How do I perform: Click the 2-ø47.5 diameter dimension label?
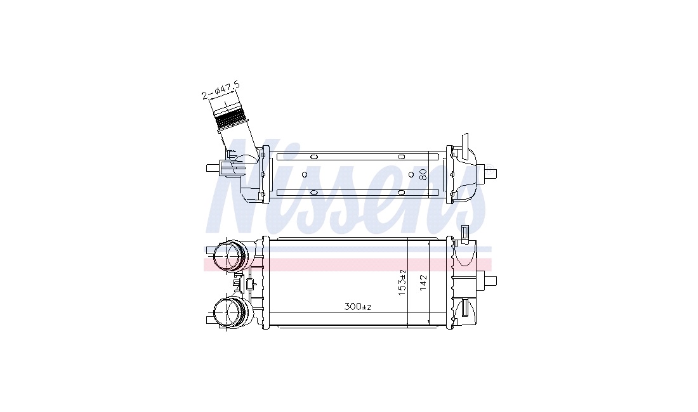pos(220,89)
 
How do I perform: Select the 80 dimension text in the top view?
pos(423,174)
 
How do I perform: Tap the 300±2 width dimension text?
pos(357,307)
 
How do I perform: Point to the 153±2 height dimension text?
pos(402,283)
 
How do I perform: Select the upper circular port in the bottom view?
pos(229,256)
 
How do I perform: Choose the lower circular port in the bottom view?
pos(229,312)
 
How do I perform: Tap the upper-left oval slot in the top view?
pos(313,157)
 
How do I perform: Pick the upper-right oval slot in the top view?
pos(401,157)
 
